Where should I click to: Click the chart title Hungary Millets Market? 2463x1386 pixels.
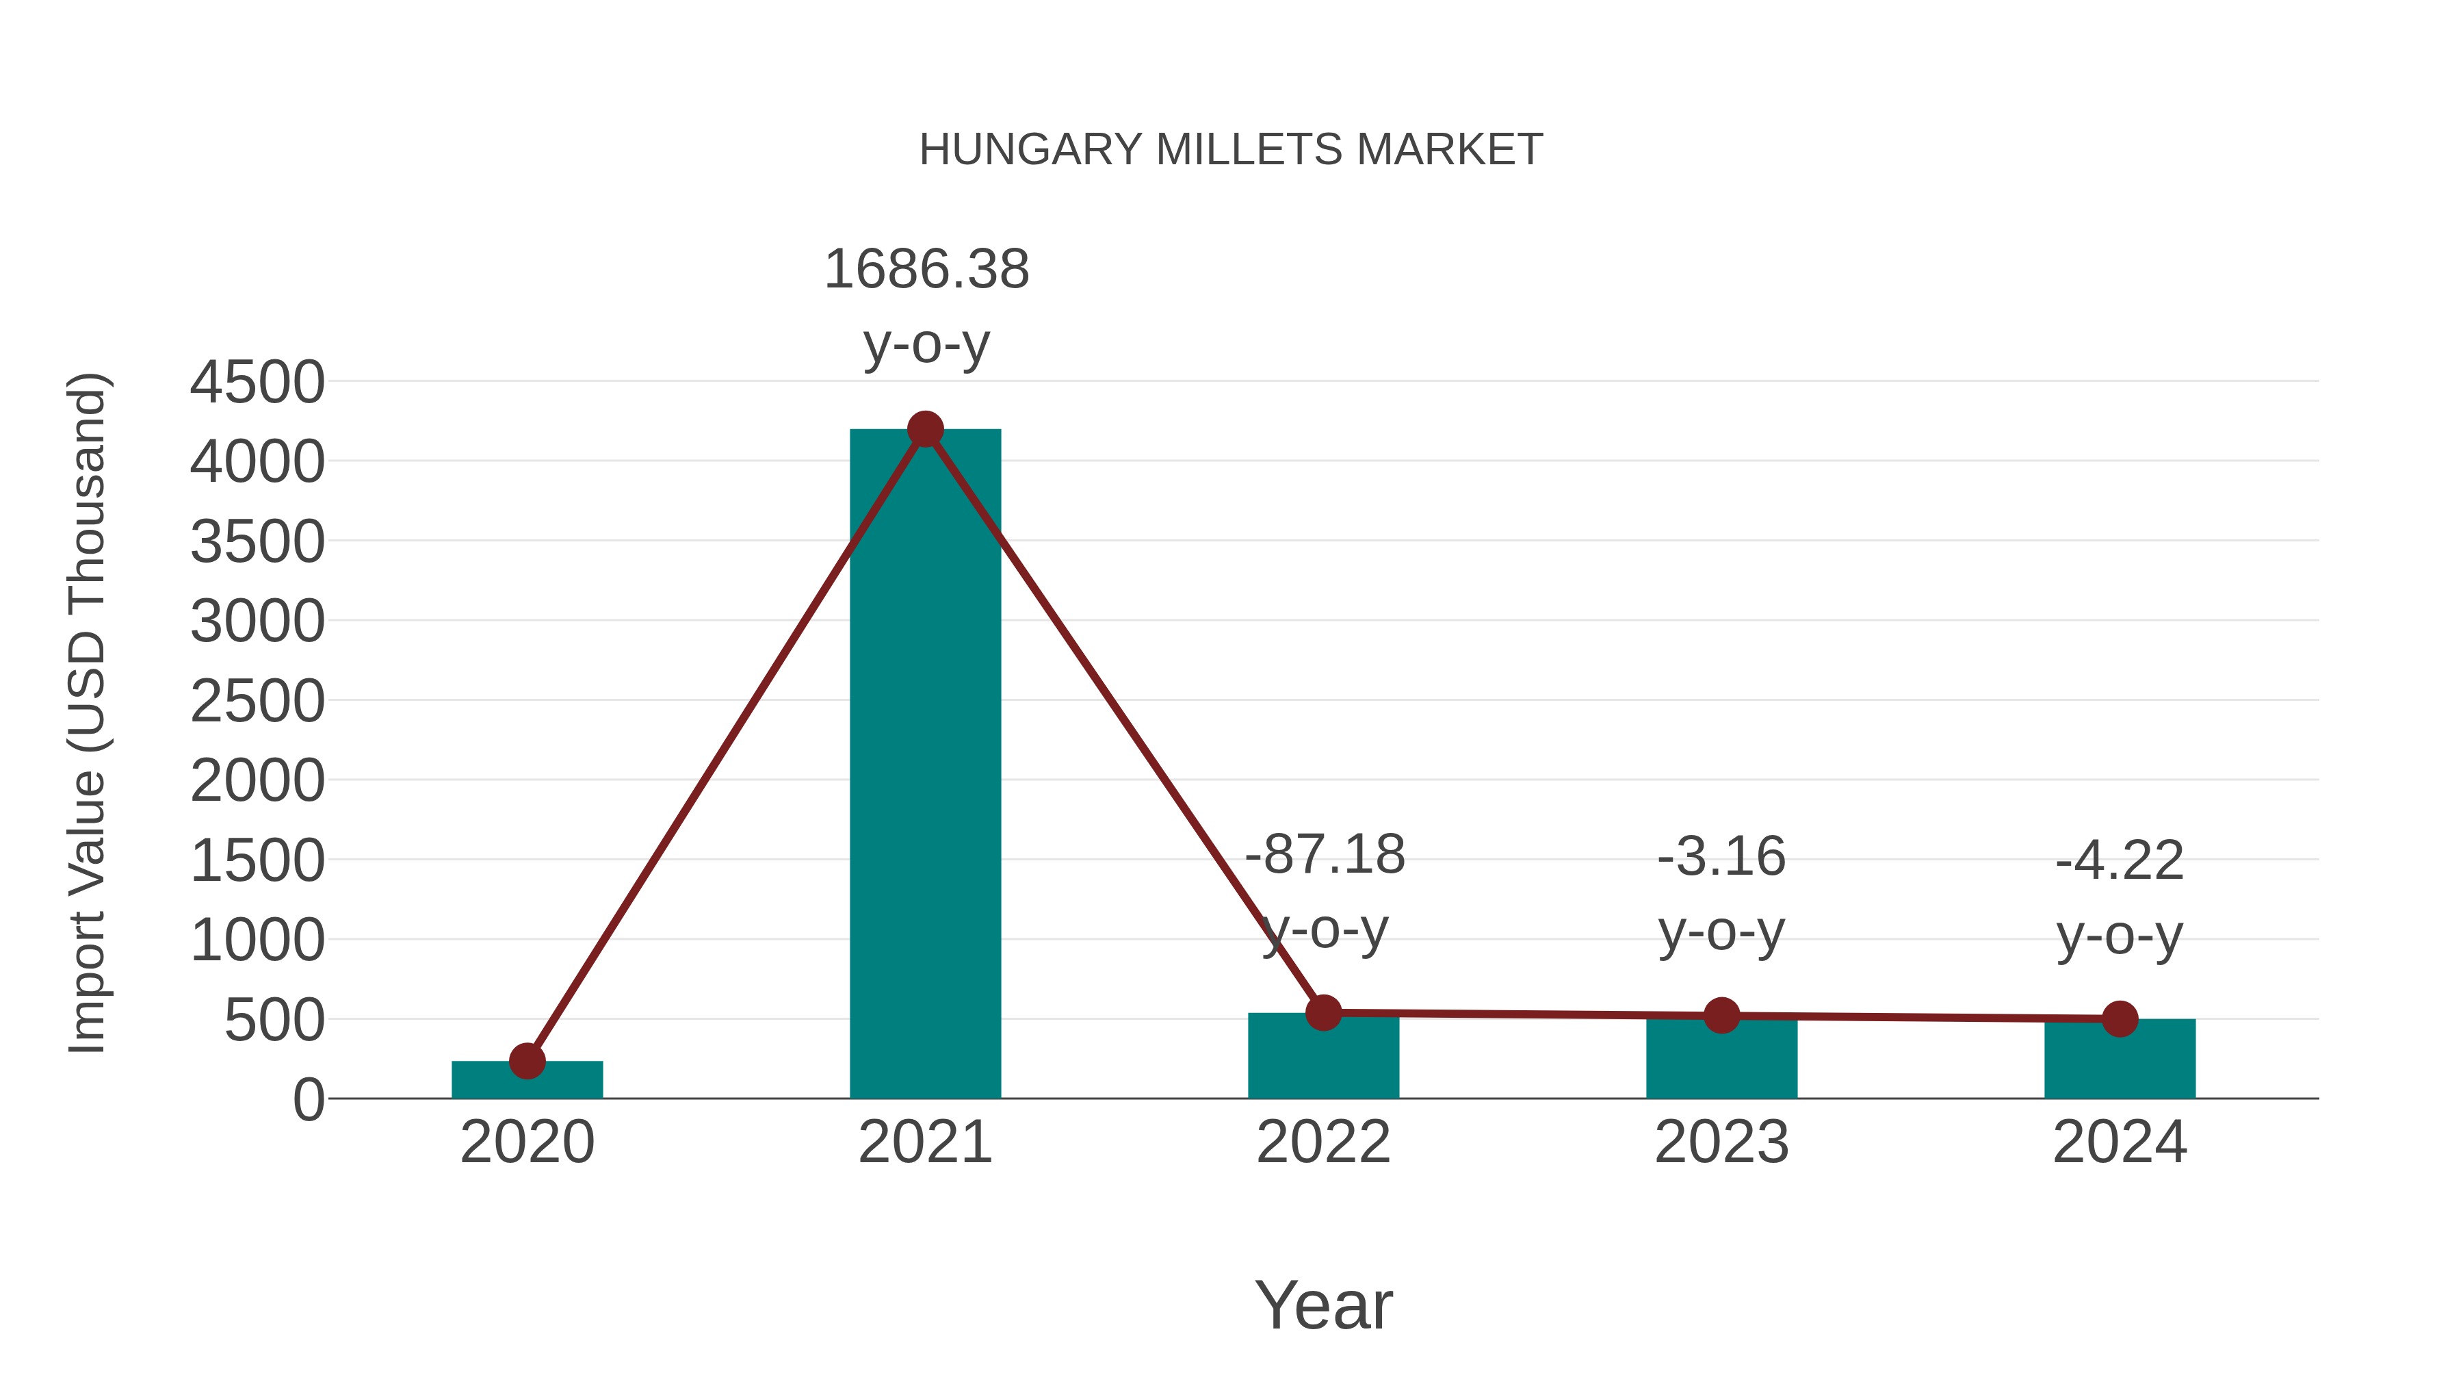[1231, 150]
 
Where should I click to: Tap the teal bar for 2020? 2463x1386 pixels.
[527, 1080]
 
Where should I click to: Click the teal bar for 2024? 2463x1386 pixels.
[2120, 1062]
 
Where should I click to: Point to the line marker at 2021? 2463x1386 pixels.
[924, 429]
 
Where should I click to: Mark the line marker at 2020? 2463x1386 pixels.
[527, 1061]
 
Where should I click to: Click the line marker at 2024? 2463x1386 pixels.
[2120, 1018]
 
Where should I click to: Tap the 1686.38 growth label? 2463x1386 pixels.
[926, 270]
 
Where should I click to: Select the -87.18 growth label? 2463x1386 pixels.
[1325, 855]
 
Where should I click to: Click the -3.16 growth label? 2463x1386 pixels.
[1721, 857]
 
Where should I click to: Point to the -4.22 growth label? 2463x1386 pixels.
[2120, 861]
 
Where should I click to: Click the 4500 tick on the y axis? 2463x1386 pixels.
[257, 383]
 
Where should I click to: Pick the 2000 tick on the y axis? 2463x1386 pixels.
[257, 782]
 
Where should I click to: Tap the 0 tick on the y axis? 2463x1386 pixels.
[309, 1100]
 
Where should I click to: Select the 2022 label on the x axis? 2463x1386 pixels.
[1323, 1142]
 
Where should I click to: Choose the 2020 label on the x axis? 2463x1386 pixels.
[527, 1142]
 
